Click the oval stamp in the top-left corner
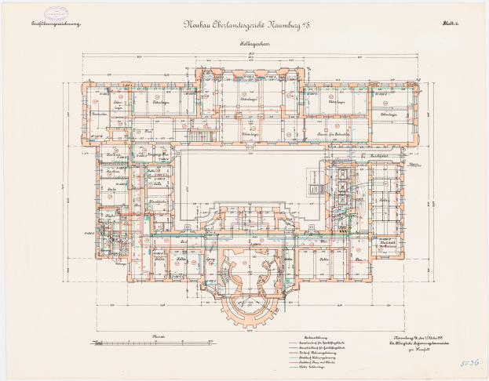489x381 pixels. [x=57, y=13]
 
